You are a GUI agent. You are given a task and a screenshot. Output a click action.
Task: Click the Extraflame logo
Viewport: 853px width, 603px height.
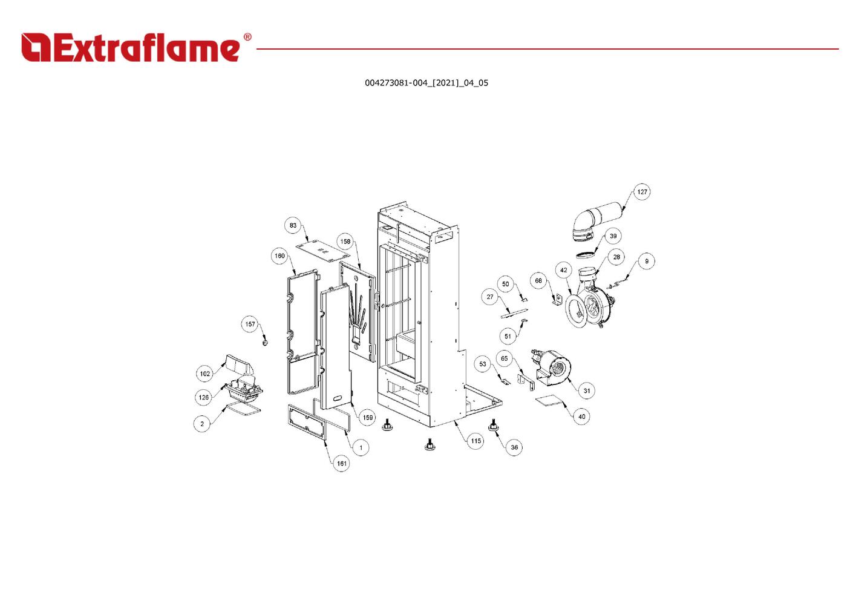130,48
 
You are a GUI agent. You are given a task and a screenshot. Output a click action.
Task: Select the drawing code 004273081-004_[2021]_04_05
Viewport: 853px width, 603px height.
426,83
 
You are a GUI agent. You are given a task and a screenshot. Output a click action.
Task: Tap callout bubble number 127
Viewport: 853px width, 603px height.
642,192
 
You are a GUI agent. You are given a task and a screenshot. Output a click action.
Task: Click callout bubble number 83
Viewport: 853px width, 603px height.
293,225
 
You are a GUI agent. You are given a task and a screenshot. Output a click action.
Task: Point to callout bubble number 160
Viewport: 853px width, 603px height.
279,256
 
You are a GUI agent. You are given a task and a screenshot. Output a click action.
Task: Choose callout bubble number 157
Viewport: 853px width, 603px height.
250,325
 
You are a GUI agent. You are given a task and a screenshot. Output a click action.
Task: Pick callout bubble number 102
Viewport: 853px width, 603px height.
205,374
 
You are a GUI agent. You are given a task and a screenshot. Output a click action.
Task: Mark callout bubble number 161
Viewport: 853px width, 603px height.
342,464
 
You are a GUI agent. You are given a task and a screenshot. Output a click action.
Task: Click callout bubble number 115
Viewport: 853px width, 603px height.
476,441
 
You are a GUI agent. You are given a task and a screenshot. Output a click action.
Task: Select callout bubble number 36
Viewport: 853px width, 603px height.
514,447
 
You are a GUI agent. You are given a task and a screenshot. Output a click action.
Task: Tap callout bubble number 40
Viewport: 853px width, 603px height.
581,417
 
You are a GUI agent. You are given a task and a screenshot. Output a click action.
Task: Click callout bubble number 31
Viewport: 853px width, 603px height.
587,390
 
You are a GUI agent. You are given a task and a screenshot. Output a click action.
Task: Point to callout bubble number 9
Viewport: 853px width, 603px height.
646,262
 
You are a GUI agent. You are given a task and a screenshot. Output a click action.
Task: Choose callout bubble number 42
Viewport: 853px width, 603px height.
564,270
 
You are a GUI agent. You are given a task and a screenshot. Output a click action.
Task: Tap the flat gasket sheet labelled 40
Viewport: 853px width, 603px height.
549,401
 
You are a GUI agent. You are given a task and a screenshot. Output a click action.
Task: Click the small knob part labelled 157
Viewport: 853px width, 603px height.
265,343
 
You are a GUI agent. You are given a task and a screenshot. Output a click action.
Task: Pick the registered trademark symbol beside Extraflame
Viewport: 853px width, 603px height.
247,38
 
